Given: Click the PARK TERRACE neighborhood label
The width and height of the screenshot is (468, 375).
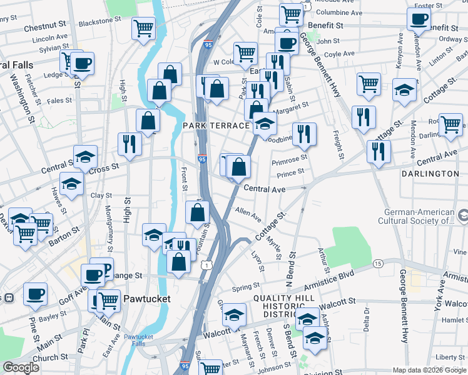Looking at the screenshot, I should tap(216, 126).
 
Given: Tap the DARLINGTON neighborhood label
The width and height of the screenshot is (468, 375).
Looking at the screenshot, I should tap(430, 173).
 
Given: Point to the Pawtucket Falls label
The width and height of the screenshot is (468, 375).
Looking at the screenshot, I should tap(138, 341).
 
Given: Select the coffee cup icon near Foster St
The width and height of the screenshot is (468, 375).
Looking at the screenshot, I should tap(419, 18).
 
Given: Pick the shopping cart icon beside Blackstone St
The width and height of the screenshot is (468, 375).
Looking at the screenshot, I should tap(144, 27).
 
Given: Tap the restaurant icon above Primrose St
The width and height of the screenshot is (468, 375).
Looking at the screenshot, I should tap(304, 133).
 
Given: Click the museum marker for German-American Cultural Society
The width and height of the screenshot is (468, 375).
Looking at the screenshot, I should tap(462, 216).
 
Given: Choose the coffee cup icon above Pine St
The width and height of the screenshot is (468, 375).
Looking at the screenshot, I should tap(35, 293).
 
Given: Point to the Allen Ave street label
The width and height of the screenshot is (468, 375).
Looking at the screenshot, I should tap(248, 214).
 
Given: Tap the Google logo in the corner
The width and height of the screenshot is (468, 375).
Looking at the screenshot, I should tap(21, 367).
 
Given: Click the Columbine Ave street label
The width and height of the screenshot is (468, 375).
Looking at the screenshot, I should tap(339, 12).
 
